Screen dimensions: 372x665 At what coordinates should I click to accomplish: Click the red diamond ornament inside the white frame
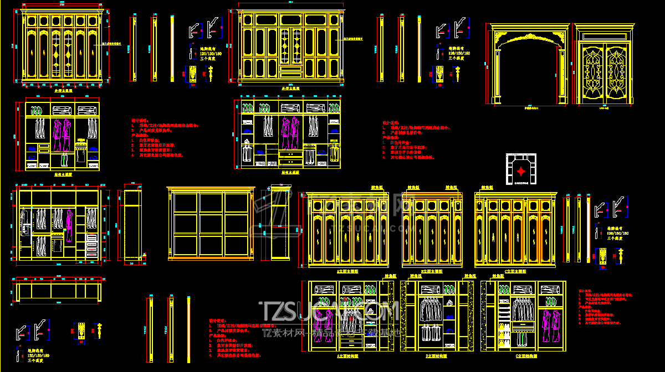tap(521, 169)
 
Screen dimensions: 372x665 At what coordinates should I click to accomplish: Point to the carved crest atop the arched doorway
tap(529, 38)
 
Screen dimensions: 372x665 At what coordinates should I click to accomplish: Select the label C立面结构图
tap(523, 356)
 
